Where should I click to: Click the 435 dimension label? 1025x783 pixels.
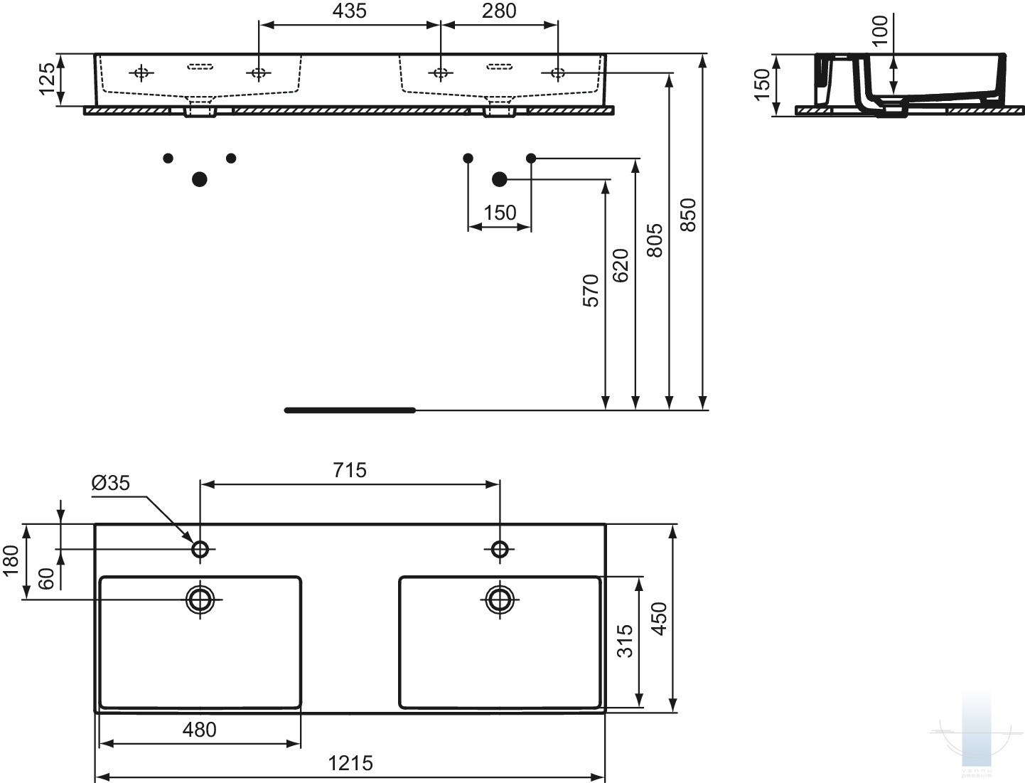[349, 11]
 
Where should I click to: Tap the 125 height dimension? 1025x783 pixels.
[47, 79]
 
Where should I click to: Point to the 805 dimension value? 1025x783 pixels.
[655, 240]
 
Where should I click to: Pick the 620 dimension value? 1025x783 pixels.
[620, 265]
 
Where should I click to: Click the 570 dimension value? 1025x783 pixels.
[591, 290]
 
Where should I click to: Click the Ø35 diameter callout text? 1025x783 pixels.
[111, 484]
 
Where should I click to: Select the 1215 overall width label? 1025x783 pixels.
[350, 763]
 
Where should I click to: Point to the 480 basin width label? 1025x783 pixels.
[199, 730]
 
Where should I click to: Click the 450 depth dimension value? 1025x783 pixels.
[660, 618]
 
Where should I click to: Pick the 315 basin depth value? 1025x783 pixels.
[625, 641]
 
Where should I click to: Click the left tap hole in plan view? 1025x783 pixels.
[200, 549]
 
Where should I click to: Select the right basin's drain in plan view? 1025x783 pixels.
[500, 599]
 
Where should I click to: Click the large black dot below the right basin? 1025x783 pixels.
[500, 179]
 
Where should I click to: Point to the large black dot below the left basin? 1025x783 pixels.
[200, 179]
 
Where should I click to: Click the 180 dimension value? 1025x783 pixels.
[11, 561]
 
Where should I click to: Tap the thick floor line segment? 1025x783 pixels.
[350, 410]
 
